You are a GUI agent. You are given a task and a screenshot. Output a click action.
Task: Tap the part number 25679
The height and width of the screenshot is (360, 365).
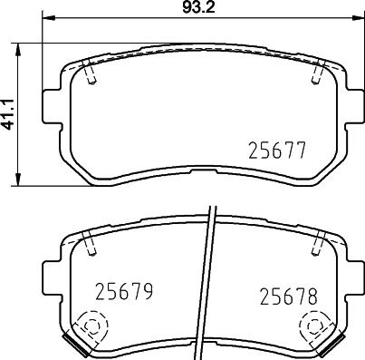pyautogui.click(x=122, y=292)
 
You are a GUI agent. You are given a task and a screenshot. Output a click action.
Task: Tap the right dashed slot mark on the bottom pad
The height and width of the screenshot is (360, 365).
pyautogui.click(x=319, y=242)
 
